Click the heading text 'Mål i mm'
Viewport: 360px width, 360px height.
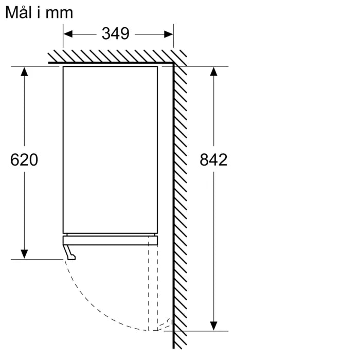point(39,12)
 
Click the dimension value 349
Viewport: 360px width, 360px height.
point(115,34)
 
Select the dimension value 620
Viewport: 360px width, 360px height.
point(24,160)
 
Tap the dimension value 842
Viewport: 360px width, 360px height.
point(213,160)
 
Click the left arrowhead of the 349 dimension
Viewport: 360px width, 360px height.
point(67,34)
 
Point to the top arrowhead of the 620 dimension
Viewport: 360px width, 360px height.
point(24,71)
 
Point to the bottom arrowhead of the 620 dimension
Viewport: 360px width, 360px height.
point(24,254)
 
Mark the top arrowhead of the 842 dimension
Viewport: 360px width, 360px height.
point(214,71)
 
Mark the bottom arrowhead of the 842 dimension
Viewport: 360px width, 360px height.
point(214,325)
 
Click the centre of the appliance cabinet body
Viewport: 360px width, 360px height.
point(110,149)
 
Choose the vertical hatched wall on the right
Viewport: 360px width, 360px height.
point(180,206)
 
